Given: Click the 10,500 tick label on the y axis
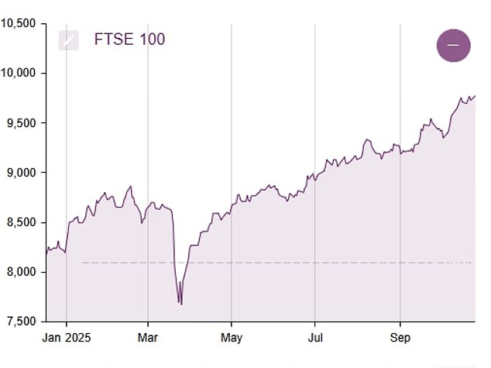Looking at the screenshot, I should [18, 23].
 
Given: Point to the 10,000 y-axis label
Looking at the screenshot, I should [18, 73].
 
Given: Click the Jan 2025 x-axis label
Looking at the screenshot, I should [66, 337].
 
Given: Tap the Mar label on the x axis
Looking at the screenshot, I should [148, 337].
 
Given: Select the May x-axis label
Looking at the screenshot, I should [232, 337].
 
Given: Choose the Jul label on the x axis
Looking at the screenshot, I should [314, 337].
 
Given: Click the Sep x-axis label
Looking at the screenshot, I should [400, 337].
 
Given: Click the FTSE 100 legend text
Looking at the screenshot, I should [129, 40].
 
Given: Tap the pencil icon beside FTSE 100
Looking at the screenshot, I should [69, 40].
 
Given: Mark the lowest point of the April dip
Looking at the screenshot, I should [181, 304].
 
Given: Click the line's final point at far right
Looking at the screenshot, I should [475, 96].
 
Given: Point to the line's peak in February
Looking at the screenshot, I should [131, 187].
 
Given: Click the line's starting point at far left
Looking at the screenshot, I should [46, 253].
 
